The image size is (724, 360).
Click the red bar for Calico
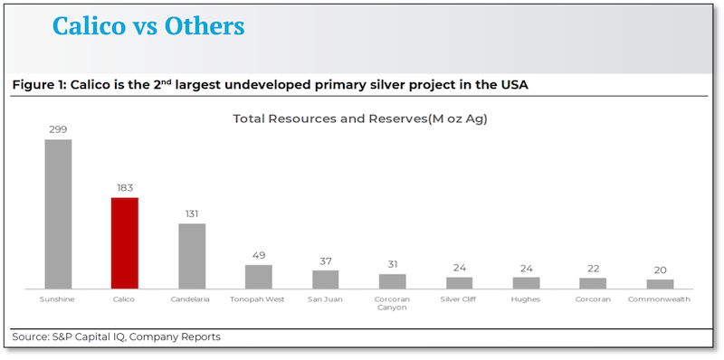(x=125, y=242)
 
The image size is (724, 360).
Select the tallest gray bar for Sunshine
(x=58, y=213)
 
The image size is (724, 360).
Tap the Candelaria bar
(x=192, y=255)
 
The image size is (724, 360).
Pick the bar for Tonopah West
(x=259, y=276)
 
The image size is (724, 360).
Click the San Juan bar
(x=326, y=279)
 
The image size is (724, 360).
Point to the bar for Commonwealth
(x=660, y=283)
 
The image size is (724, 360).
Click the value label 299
(x=58, y=130)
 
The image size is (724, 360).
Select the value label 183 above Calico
(x=125, y=188)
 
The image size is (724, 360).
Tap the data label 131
(x=192, y=214)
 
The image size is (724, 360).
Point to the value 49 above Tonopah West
(x=259, y=256)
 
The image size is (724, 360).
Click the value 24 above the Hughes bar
(x=526, y=269)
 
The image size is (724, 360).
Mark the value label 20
(x=660, y=270)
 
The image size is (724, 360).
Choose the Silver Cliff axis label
(x=459, y=298)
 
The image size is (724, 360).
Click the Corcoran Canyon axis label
(x=392, y=302)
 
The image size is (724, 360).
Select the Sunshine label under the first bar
(x=58, y=298)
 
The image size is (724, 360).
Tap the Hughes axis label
(x=526, y=298)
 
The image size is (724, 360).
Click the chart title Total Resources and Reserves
(x=360, y=118)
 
